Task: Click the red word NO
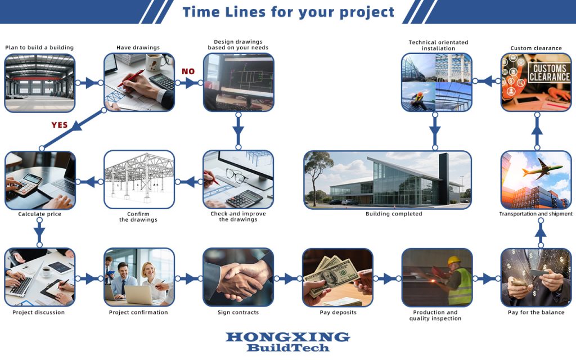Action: (188, 71)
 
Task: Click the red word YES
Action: (60, 125)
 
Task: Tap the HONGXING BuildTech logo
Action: (288, 341)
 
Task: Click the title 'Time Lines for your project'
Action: (289, 12)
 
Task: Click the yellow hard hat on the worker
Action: (454, 260)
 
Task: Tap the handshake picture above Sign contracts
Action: (238, 277)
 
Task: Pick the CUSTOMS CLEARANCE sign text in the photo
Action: (550, 73)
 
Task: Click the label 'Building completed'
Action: (394, 214)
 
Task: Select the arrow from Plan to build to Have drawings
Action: (89, 83)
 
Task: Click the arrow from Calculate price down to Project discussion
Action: (39, 232)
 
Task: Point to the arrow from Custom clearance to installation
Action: (487, 81)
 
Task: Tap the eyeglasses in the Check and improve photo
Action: (236, 175)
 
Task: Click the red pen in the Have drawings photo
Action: (130, 78)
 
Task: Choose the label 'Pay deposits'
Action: (338, 312)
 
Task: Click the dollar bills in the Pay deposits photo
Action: (332, 275)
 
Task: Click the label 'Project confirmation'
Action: (138, 312)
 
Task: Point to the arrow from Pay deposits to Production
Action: (388, 279)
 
